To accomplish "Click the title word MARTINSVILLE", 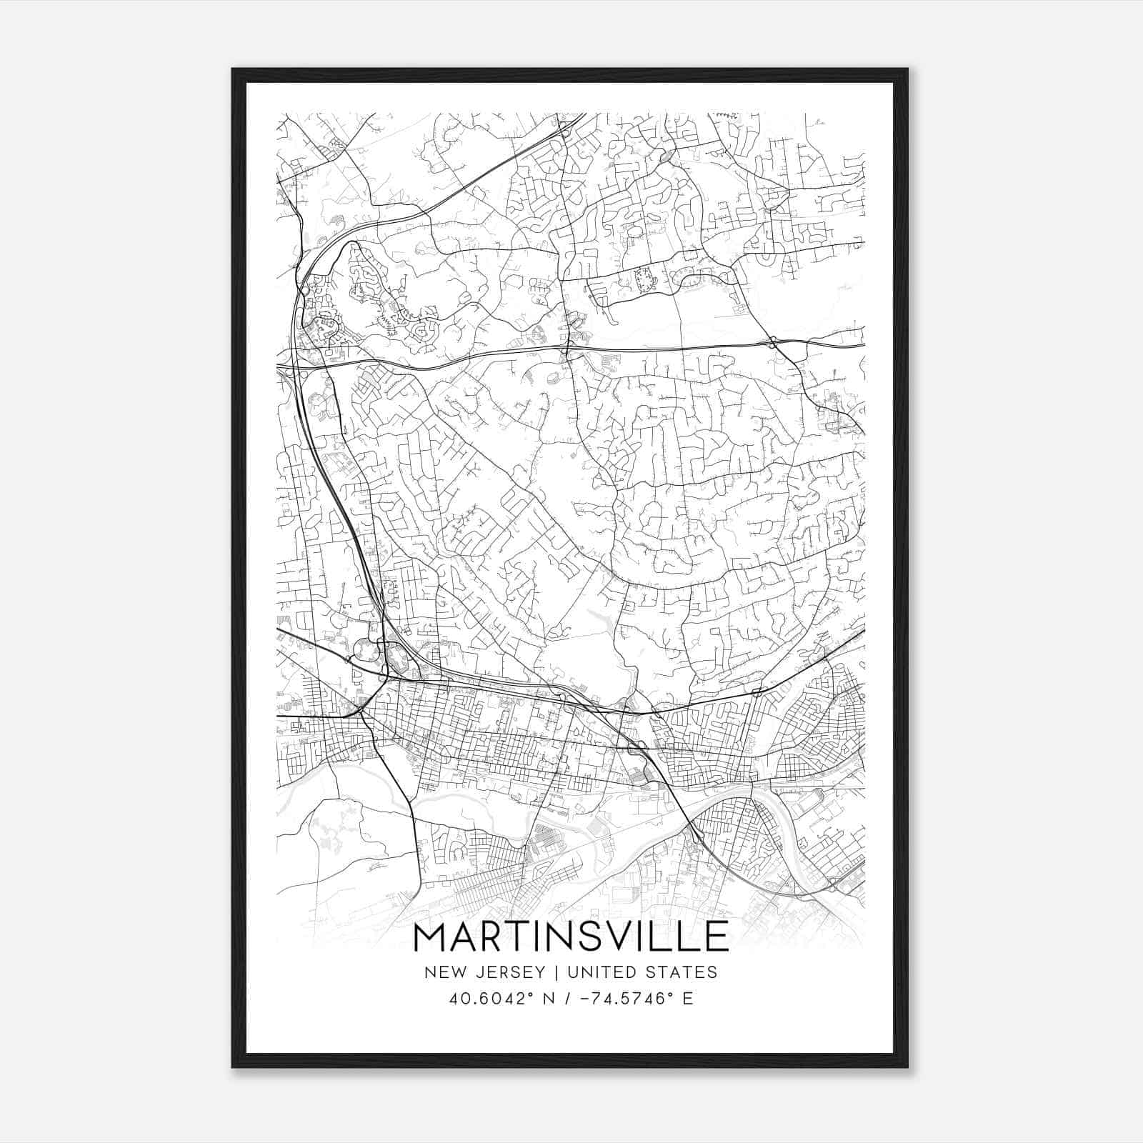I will (x=571, y=937).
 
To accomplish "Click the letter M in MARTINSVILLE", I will (x=431, y=937).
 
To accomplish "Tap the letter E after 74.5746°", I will (x=688, y=999).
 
